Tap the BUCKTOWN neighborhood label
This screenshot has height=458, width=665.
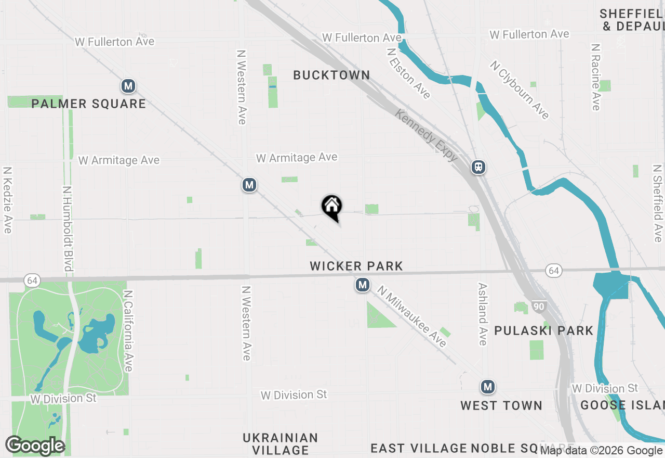point(331,75)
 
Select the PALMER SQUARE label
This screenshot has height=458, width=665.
point(88,104)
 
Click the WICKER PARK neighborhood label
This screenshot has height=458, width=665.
point(356,266)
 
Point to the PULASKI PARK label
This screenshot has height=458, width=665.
point(543,330)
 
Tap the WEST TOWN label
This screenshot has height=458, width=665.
point(501,405)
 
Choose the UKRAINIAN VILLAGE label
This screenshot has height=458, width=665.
point(280,443)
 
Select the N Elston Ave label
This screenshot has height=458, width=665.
point(409,73)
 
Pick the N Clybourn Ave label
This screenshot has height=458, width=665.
point(520,90)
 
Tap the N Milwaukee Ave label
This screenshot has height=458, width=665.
point(411,316)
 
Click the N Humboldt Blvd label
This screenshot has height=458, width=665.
point(67,229)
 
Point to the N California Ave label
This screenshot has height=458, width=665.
point(128,331)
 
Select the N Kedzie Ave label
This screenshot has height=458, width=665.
point(7,200)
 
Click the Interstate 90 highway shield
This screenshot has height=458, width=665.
point(539,307)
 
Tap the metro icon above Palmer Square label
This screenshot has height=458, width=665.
point(128,86)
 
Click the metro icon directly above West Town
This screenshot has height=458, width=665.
point(487,387)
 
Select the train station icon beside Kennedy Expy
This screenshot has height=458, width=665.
point(478,167)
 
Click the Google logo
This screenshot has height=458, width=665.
point(35,446)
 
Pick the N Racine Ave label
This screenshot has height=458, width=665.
point(596,77)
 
